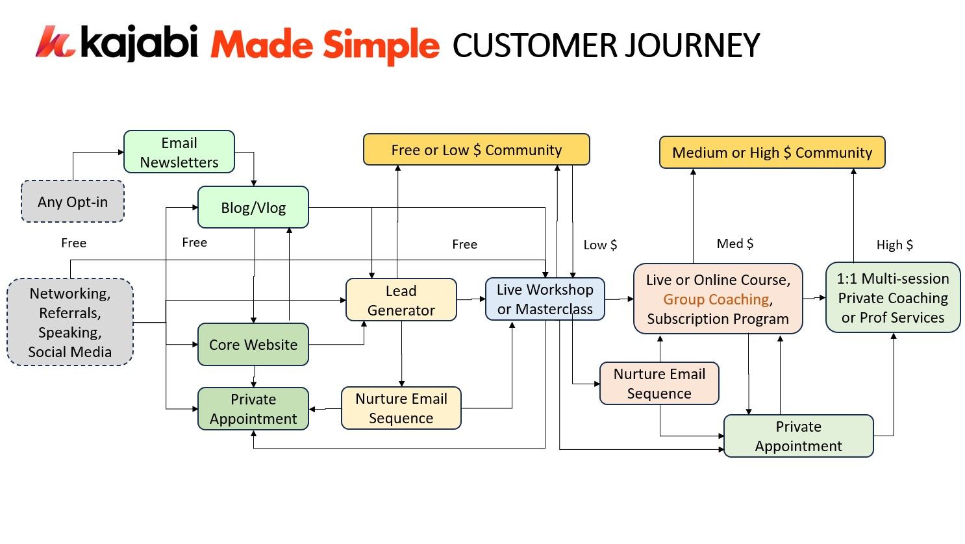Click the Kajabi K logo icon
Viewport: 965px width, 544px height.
point(55,42)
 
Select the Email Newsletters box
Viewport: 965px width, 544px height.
point(179,153)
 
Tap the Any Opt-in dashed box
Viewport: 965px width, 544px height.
point(73,202)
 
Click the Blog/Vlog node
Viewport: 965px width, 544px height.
point(253,208)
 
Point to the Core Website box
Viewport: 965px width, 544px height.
point(253,345)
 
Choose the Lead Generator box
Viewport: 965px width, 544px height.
point(401,301)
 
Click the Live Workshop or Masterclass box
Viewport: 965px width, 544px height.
point(545,299)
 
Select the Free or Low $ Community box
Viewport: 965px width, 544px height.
point(477,150)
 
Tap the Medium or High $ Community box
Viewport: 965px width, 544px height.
point(772,153)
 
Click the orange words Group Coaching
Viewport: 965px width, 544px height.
point(716,299)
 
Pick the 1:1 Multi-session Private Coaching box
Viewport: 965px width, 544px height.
point(893,298)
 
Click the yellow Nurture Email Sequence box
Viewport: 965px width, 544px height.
point(401,408)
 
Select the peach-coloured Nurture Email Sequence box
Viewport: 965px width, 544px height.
point(659,384)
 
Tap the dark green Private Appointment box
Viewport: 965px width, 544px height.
point(253,409)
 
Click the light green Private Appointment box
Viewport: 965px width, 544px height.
point(798,436)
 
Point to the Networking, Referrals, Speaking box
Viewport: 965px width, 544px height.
point(70,323)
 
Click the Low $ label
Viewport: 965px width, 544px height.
point(600,245)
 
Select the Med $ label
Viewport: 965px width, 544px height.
point(735,243)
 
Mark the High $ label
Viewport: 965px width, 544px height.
point(894,245)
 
